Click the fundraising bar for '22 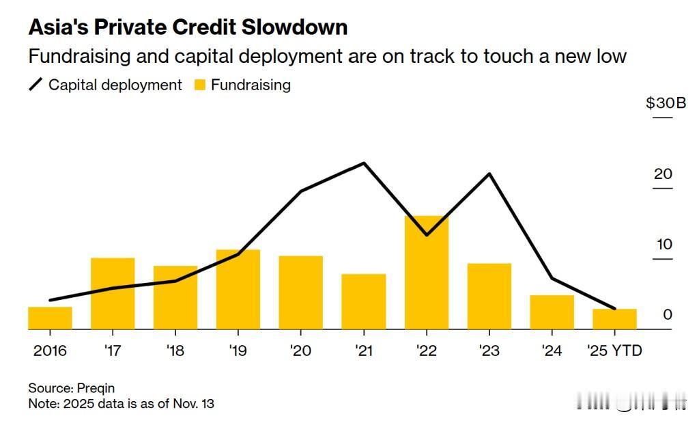coord(427,273)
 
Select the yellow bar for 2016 coord(50,318)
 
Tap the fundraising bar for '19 coord(238,290)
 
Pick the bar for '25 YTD coord(614,319)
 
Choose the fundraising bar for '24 coord(552,312)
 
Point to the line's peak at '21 coord(364,163)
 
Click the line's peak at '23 coord(489,174)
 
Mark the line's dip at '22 coord(427,234)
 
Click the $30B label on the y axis coord(666,103)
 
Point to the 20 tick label coord(663,174)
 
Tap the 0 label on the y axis coord(668,314)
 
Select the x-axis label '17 coord(113,351)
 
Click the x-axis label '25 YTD coord(614,351)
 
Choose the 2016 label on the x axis coord(50,351)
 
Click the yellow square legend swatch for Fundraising coord(199,85)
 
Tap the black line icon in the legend coord(35,85)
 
